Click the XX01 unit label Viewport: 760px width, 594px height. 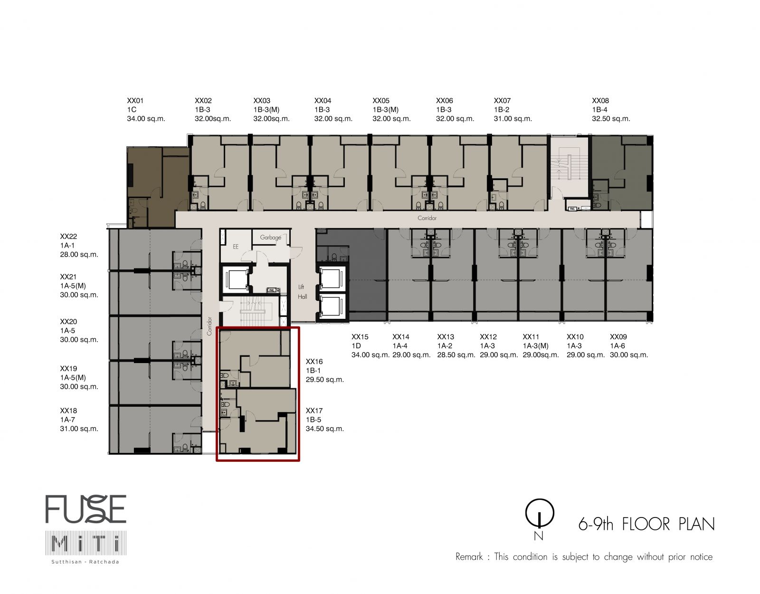[x=135, y=101]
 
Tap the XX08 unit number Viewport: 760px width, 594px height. [x=600, y=101]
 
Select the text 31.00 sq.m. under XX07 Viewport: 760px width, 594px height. [x=513, y=119]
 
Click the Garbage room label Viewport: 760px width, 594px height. [x=270, y=238]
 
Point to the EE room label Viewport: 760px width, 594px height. [x=236, y=247]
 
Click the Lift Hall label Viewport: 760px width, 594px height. [x=302, y=292]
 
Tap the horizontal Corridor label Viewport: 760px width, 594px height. [x=427, y=218]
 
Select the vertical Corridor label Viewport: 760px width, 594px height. [x=209, y=326]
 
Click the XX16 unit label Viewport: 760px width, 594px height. [x=314, y=362]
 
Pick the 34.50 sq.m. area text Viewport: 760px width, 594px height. [x=324, y=429]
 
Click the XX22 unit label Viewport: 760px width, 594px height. [x=68, y=237]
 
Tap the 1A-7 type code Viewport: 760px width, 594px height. [x=67, y=420]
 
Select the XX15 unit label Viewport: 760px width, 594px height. [x=360, y=337]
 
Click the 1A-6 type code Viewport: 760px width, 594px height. [x=617, y=345]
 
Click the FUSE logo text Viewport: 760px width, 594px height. [x=85, y=509]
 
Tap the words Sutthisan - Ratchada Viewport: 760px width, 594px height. [x=85, y=562]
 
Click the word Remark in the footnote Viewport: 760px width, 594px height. [x=469, y=556]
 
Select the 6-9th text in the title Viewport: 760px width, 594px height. [x=596, y=525]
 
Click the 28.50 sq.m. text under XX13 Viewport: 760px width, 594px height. [x=456, y=354]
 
